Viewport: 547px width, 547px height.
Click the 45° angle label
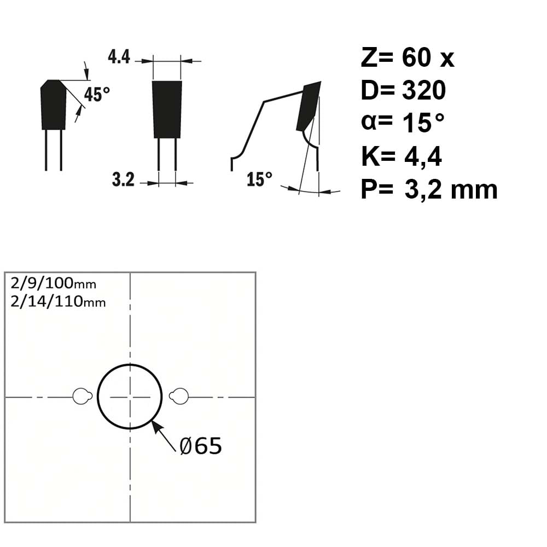click(x=97, y=94)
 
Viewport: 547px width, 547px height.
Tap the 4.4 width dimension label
click(x=119, y=57)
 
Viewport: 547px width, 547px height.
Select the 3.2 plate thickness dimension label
click(x=123, y=179)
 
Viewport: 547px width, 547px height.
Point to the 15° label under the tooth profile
click(x=259, y=179)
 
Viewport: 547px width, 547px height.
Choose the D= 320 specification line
click(x=403, y=90)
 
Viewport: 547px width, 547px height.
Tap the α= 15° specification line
click(x=403, y=123)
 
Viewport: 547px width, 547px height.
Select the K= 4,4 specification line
click(x=401, y=156)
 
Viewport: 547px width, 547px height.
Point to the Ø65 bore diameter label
click(x=201, y=446)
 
